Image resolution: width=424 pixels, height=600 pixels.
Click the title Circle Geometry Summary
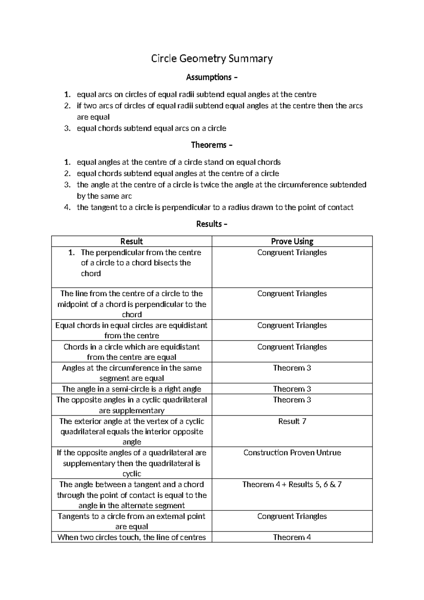(x=212, y=58)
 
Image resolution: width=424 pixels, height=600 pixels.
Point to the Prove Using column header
(x=292, y=241)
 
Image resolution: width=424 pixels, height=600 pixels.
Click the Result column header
(x=131, y=241)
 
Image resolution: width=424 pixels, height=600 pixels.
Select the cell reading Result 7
(x=292, y=421)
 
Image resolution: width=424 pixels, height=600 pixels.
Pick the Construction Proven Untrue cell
(x=292, y=453)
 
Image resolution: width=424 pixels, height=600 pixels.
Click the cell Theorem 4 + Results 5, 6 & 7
(x=292, y=485)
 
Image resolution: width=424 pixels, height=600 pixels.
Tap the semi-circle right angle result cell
(x=131, y=389)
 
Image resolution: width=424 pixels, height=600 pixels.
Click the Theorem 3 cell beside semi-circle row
(x=292, y=389)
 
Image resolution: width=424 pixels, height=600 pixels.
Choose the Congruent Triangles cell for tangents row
(x=292, y=517)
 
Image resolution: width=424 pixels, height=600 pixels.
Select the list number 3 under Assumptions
(x=67, y=128)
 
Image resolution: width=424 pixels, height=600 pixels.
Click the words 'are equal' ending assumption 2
(x=93, y=117)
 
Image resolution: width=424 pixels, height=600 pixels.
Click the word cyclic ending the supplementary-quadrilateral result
(x=131, y=474)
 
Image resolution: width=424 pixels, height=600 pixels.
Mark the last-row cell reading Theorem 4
(x=292, y=537)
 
